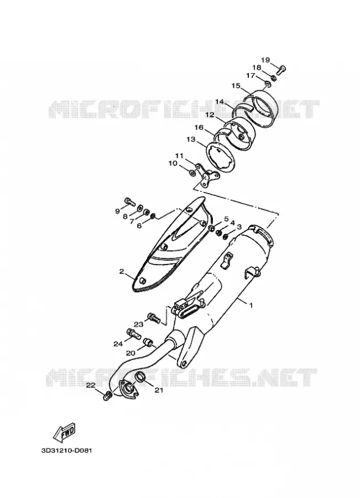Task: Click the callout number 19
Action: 265,60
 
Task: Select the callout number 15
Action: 236,85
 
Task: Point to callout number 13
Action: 191,139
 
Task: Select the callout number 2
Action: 121,271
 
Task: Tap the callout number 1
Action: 251,305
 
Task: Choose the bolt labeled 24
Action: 133,334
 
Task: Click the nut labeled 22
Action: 107,396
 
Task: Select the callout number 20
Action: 131,352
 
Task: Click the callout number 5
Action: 226,219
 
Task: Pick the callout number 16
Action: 199,127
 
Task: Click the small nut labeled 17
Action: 267,84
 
